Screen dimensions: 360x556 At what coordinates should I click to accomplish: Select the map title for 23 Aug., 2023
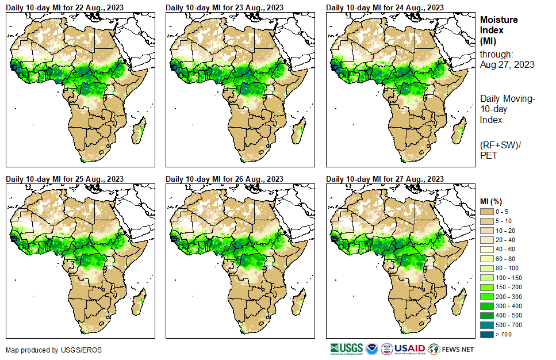225,7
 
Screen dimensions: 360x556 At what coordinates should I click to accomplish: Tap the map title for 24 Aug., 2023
385,7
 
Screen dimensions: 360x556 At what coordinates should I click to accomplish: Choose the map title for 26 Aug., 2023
225,179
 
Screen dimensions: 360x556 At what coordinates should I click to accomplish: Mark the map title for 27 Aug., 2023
385,179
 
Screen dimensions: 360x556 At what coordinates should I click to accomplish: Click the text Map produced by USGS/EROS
45,350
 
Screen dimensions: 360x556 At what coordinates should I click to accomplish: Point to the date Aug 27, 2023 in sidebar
508,65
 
